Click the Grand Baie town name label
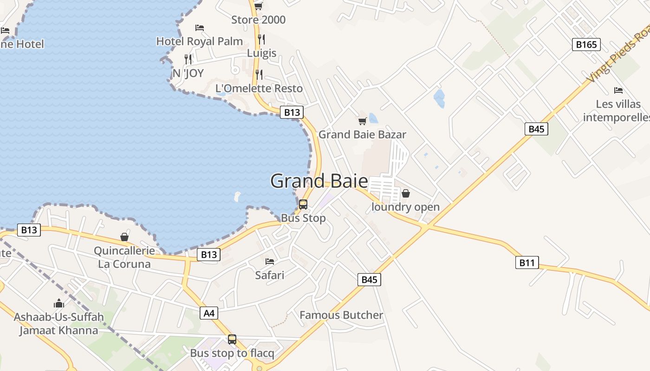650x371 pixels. pos(319,181)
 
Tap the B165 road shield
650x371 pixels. pos(586,45)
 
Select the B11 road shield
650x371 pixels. pos(526,263)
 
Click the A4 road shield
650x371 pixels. pos(209,313)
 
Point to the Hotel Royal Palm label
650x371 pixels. pos(199,41)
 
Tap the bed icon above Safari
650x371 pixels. pos(270,262)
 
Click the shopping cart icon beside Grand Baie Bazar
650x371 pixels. pos(363,122)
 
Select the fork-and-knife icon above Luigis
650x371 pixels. pos(261,39)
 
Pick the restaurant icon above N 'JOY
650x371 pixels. pos(188,59)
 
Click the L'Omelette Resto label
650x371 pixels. pos(259,88)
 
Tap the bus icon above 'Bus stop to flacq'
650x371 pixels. pos(232,339)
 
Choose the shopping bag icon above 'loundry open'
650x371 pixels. pos(406,193)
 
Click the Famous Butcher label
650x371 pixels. pos(341,315)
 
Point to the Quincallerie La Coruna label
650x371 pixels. pos(124,257)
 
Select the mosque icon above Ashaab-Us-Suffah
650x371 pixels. pos(59,304)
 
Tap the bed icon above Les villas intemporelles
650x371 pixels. pos(618,90)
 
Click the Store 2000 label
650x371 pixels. pos(258,20)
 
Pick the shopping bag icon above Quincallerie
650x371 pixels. pos(124,237)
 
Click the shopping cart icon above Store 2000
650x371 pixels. pos(259,6)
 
